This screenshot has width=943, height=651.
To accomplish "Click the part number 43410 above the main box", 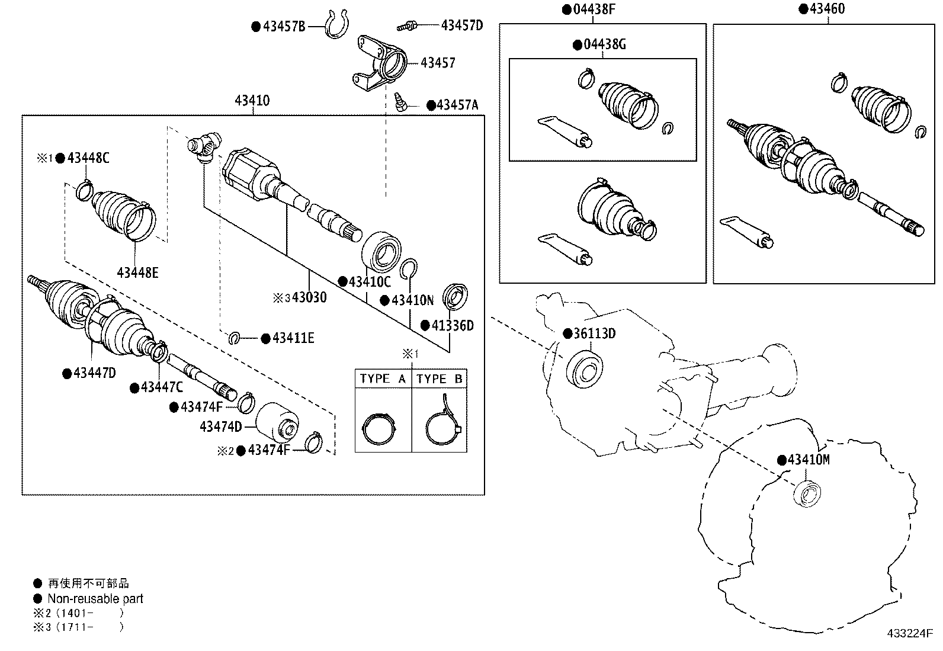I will pos(252,101).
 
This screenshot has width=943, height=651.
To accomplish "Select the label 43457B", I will pos(284,26).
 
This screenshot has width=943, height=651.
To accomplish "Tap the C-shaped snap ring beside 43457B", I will pos(337,25).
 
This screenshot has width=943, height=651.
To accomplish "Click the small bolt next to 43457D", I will pos(407,25).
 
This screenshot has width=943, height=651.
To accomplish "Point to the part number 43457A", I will pos(457,105).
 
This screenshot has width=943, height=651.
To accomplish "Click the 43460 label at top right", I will pos(827,9).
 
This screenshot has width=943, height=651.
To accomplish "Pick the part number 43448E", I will pos(138,273).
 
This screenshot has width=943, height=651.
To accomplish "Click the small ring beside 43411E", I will pos(235,338).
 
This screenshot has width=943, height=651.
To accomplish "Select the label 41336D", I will pos(452,325).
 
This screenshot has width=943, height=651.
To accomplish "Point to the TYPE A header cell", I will pos(383,379).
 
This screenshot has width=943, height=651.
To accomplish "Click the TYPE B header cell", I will pos(439,379).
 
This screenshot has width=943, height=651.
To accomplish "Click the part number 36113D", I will pos(594,333).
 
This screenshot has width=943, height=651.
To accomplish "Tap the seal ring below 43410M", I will pos(807,493).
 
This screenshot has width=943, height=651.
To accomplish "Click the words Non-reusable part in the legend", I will pos(95,599).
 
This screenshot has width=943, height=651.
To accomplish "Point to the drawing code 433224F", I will pos(909,633).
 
